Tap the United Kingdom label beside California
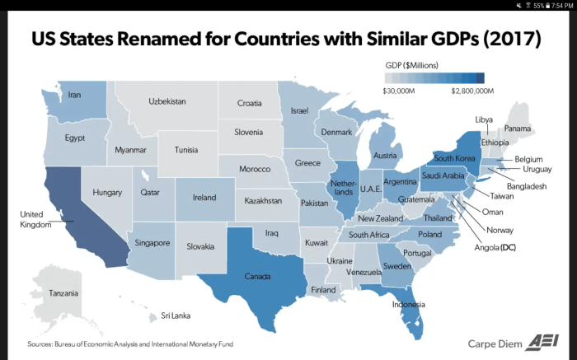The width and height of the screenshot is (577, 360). coord(36,219)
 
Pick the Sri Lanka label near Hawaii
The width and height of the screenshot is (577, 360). coord(176,316)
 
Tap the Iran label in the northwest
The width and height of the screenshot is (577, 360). coord(74,95)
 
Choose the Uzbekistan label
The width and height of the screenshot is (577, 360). coord(167,101)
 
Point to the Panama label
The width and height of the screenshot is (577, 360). coord(518,129)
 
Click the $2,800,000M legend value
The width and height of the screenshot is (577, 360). coord(472,91)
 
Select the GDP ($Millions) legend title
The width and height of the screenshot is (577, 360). coord(412,64)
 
